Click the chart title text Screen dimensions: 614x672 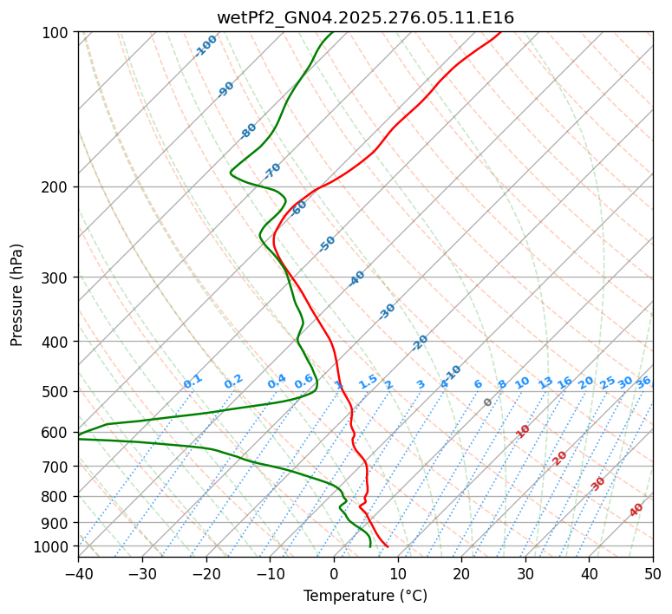click(x=365, y=17)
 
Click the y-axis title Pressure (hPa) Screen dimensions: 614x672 click(x=17, y=294)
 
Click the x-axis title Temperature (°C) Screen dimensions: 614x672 click(x=365, y=597)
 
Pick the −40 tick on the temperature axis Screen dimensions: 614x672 click(x=78, y=574)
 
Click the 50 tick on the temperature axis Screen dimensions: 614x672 click(x=653, y=574)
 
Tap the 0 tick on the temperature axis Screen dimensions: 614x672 click(x=334, y=574)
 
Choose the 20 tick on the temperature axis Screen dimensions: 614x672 click(x=461, y=574)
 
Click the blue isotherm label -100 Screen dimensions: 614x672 click(x=206, y=46)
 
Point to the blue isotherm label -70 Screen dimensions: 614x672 click(x=272, y=170)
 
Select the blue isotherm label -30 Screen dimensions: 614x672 click(x=387, y=311)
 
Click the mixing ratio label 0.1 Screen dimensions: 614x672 click(x=192, y=381)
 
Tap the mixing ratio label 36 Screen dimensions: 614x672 click(x=643, y=382)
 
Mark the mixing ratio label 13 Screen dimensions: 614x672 click(x=545, y=382)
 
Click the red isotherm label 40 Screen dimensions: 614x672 click(x=636, y=510)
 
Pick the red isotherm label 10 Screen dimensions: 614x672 click(x=523, y=431)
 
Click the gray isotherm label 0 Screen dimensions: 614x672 click(x=488, y=402)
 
